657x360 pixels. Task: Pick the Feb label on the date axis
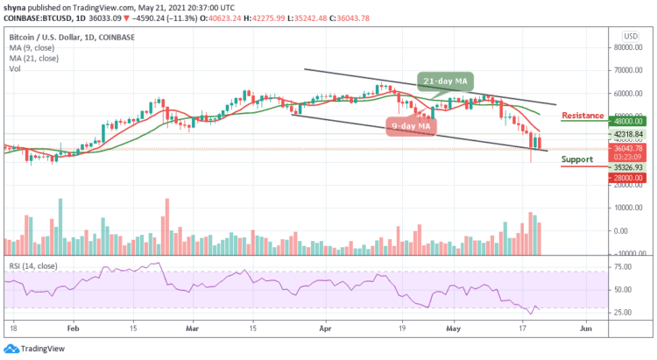coord(73,327)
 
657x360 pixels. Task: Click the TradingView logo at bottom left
coord(32,348)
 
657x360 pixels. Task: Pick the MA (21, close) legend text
coord(35,58)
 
